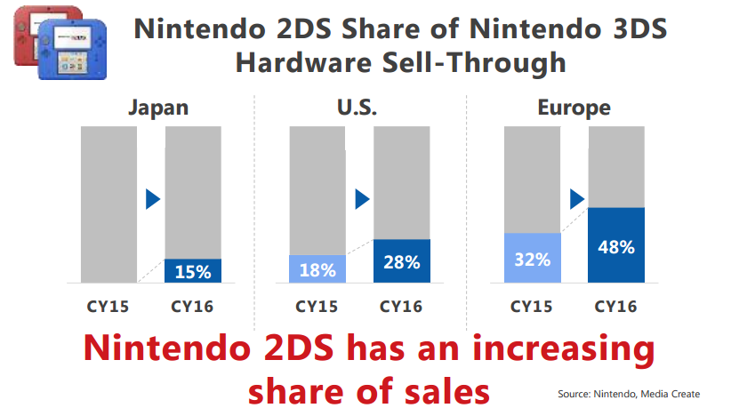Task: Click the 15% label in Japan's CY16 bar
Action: pos(193,270)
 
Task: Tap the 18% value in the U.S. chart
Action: pos(318,269)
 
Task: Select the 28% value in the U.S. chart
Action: pos(402,261)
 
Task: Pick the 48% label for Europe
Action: pos(616,246)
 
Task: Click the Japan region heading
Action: pos(158,108)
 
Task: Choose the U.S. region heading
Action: pos(359,108)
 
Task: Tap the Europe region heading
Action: pos(574,108)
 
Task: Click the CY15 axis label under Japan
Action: pos(108,307)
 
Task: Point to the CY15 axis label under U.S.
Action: pos(317,307)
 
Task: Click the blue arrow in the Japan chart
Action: pos(153,198)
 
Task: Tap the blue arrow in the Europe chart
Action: pos(576,198)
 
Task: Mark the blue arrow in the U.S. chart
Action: pos(362,198)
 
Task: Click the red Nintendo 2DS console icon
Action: pos(34,31)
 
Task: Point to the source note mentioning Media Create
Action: pos(629,393)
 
